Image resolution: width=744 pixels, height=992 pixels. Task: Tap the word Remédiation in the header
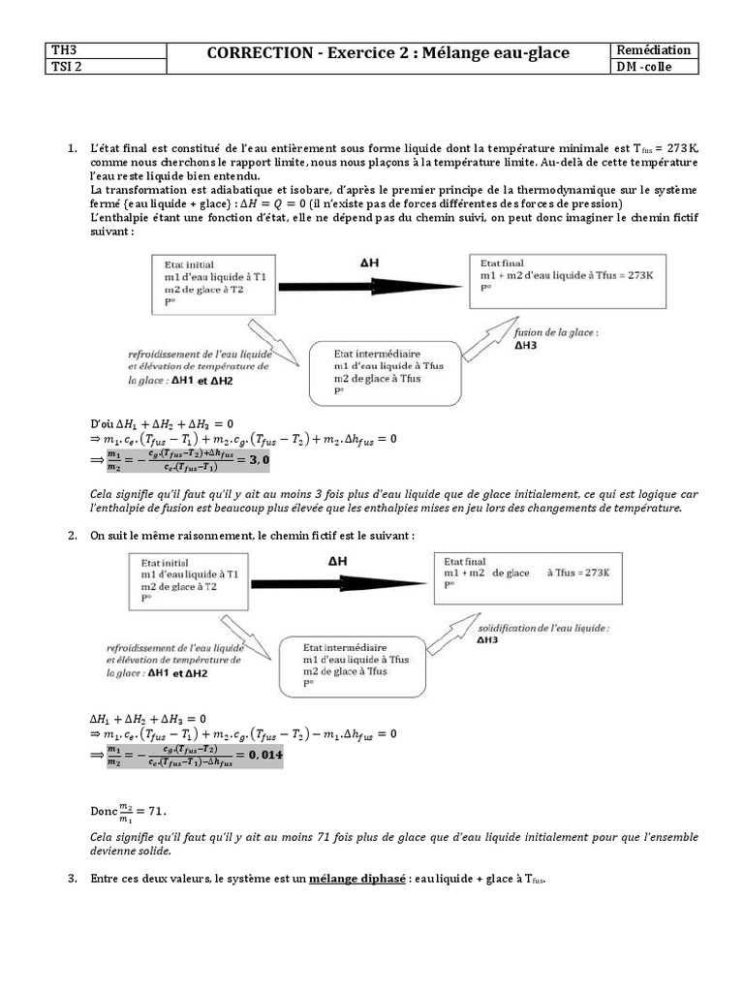[658, 49]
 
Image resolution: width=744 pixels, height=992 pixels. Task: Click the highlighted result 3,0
[257, 457]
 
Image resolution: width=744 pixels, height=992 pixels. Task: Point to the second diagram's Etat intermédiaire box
[354, 665]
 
